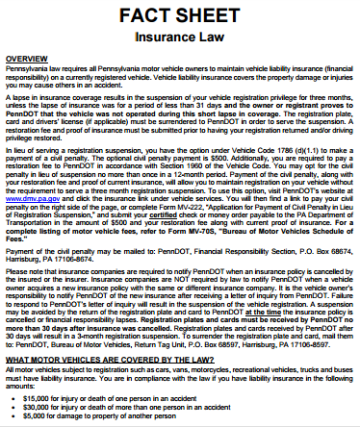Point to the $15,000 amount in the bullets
[49, 394]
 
